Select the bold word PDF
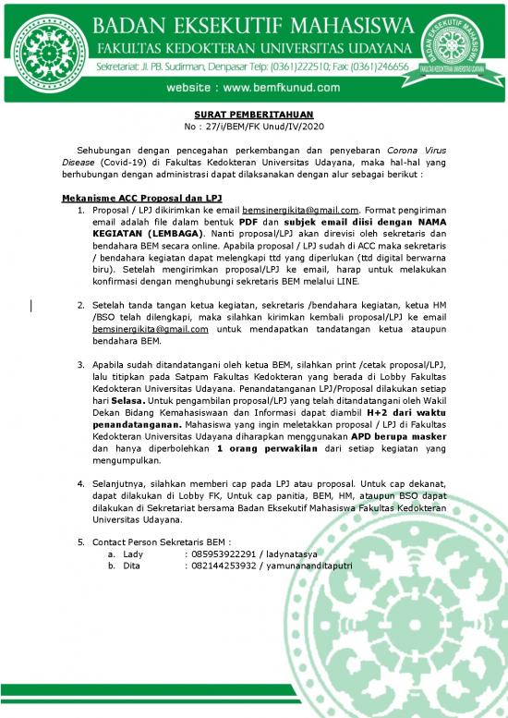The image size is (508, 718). point(248,223)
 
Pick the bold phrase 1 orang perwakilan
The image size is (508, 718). point(261,449)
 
